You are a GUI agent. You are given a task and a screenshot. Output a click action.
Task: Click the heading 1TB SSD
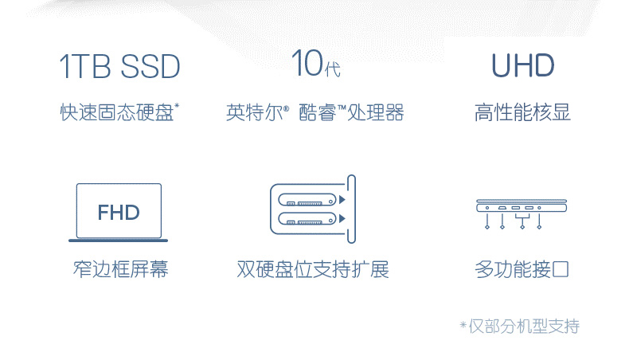(x=119, y=66)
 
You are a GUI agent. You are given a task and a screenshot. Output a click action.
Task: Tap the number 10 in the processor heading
(x=307, y=63)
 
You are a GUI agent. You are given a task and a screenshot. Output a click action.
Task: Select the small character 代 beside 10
(x=333, y=69)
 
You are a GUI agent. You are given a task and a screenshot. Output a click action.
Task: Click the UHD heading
(x=522, y=65)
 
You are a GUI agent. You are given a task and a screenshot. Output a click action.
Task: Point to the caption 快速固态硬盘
(x=117, y=112)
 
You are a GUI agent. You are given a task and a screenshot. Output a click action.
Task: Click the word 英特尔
(x=254, y=112)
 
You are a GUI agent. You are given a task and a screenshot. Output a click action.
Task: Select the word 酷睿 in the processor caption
(x=318, y=112)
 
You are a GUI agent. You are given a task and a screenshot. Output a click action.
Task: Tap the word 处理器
(x=376, y=112)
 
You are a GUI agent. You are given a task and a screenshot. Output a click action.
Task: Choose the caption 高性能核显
(x=522, y=112)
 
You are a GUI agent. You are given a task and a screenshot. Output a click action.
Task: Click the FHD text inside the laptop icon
(x=119, y=213)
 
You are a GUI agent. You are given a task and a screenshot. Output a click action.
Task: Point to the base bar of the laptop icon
(x=118, y=241)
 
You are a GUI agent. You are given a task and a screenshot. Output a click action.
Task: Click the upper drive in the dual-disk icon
(x=307, y=199)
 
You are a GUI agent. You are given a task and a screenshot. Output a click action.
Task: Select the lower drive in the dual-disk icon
(x=307, y=219)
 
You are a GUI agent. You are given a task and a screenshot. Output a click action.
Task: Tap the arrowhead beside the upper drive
(x=342, y=199)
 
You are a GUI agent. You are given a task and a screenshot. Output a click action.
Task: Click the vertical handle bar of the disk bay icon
(x=351, y=209)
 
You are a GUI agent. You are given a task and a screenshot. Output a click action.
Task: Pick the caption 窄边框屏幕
(x=120, y=269)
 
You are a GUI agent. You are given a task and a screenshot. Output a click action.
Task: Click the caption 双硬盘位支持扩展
(x=313, y=269)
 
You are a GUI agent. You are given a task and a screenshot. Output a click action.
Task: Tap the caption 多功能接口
(x=522, y=269)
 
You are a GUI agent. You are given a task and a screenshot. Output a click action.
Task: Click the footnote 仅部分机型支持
(x=524, y=327)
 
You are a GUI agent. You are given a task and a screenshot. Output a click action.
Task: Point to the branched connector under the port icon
(x=522, y=221)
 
